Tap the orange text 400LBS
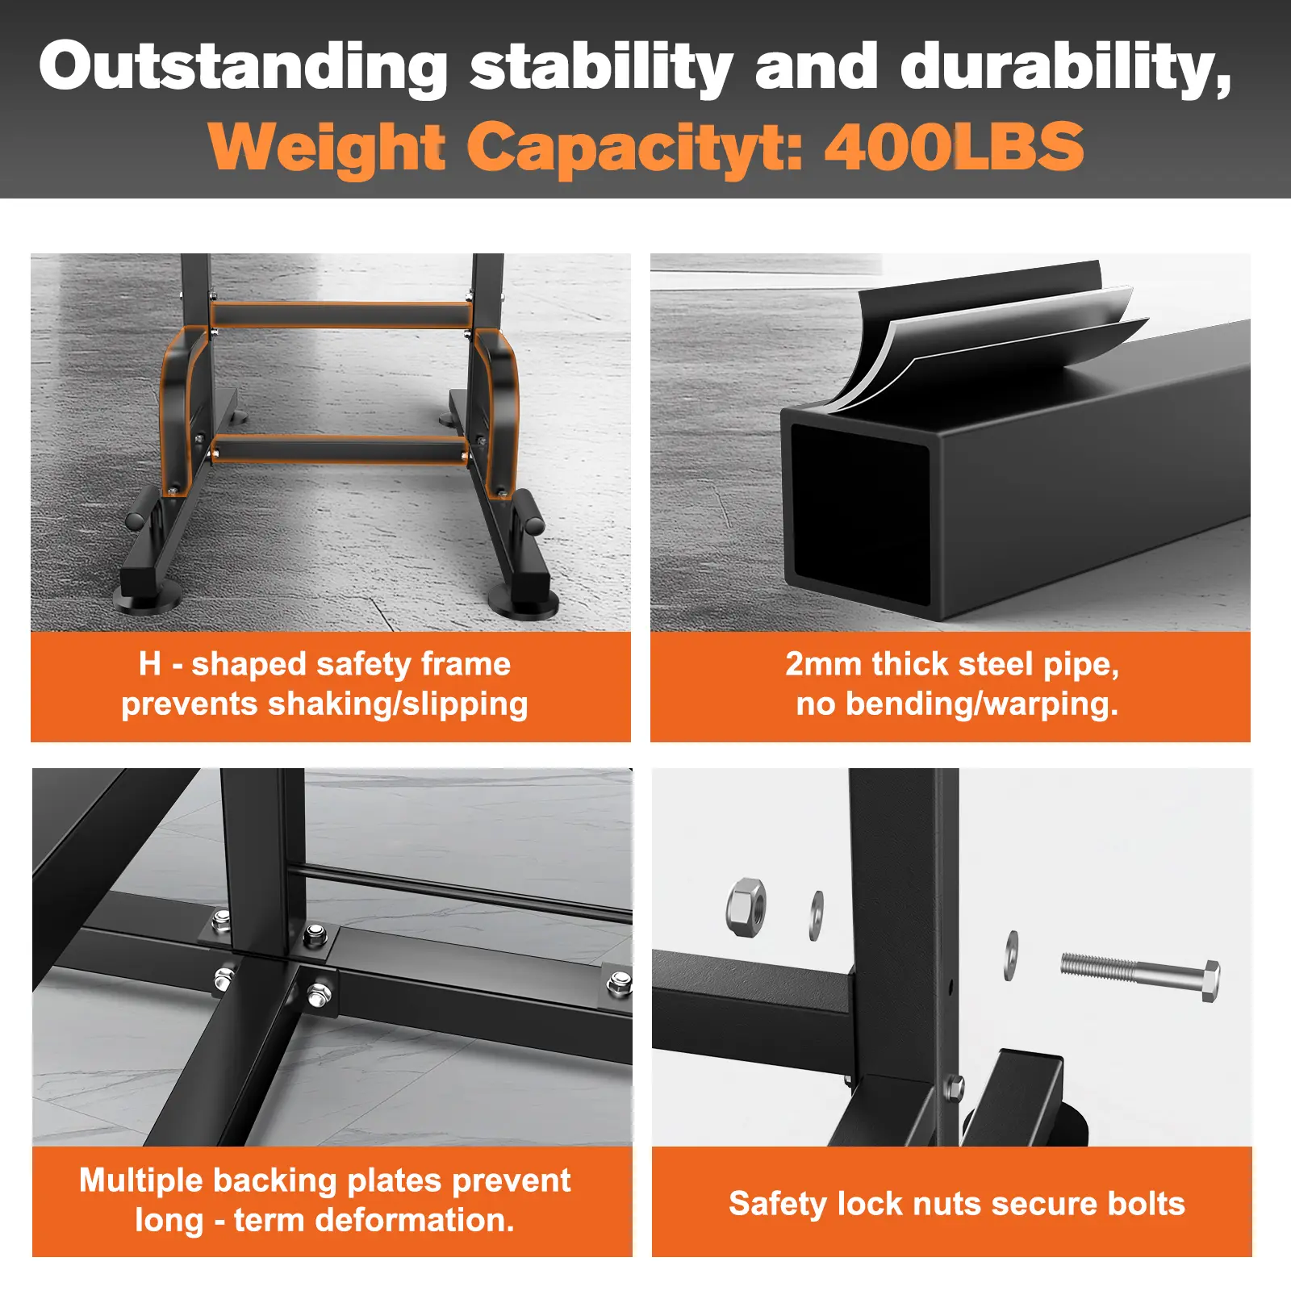[955, 147]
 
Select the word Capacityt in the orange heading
[636, 148]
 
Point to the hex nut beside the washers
[746, 907]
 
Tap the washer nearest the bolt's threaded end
[1012, 955]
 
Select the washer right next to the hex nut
[817, 915]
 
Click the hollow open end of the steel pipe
[860, 511]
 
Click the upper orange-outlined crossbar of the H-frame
[341, 315]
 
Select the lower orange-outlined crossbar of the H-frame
[341, 449]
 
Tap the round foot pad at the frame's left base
[148, 600]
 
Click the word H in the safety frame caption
[150, 664]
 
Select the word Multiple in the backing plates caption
[140, 1181]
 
